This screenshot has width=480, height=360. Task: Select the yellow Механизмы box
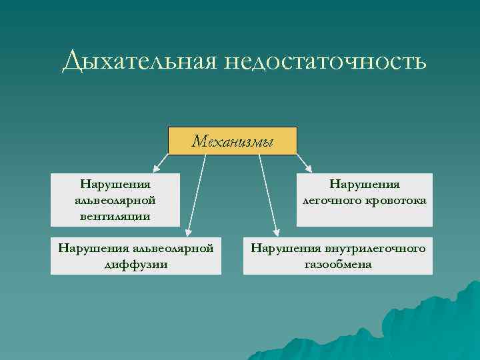(232, 141)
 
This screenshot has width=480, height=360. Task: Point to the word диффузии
(136, 264)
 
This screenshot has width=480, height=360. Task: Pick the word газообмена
(338, 264)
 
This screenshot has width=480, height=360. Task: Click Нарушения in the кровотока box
(365, 184)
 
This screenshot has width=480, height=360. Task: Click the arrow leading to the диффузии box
(196, 193)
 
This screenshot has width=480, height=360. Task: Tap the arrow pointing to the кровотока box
(304, 160)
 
